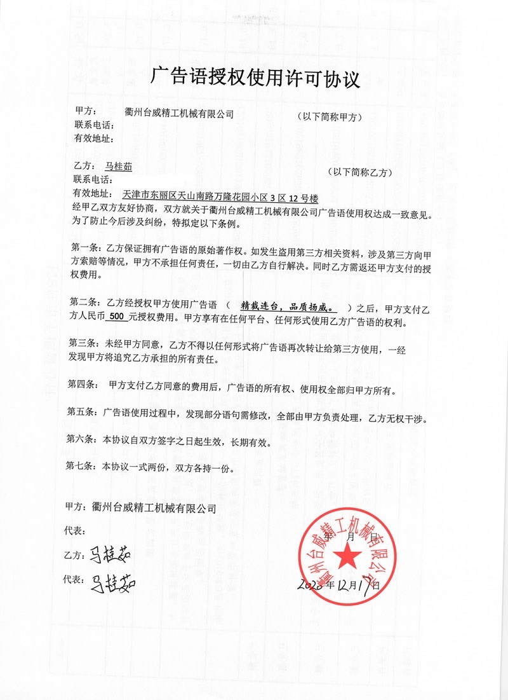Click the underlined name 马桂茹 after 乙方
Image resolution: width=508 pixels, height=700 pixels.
click(x=119, y=166)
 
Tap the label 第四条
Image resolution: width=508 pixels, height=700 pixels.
click(x=82, y=385)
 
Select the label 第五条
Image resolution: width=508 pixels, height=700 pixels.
click(x=82, y=419)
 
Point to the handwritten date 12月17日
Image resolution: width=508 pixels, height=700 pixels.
click(x=352, y=583)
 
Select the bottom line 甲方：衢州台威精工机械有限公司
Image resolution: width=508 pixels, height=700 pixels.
click(x=140, y=508)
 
